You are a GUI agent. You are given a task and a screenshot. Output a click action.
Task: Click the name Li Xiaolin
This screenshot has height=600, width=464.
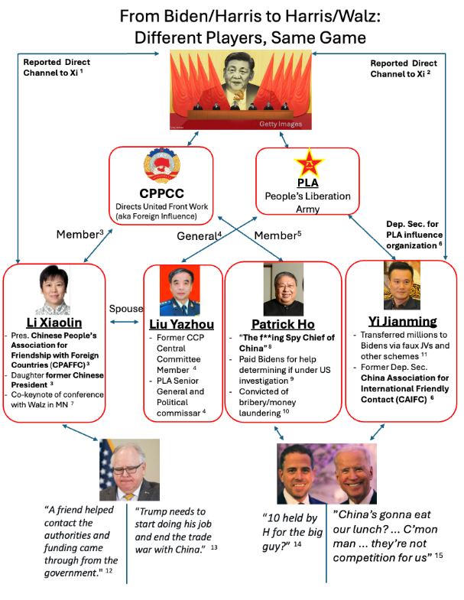click(54, 323)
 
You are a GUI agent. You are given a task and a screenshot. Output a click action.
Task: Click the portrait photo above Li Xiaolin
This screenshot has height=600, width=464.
click(54, 291)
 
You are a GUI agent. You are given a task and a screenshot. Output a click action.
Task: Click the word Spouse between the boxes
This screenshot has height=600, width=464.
click(125, 309)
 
